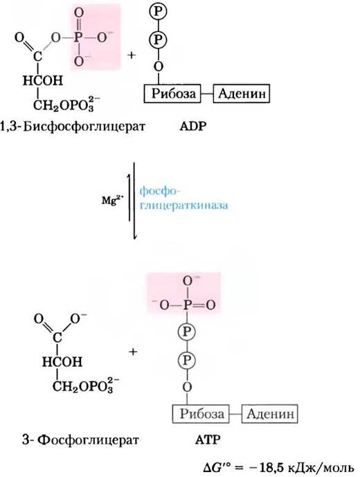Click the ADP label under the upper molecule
tap(192, 126)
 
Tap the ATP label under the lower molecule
tap(207, 440)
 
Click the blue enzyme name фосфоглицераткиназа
tap(183, 199)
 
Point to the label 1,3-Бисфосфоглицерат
tap(73, 126)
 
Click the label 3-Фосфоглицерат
tap(80, 440)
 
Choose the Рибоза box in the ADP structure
tap(173, 93)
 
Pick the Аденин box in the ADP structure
tap(242, 93)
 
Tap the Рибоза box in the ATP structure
tap(201, 414)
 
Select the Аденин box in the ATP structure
tap(269, 414)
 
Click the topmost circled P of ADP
tap(158, 12)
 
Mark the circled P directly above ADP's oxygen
tap(158, 39)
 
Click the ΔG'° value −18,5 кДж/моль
tap(279, 467)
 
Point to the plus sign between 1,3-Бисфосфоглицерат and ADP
tap(131, 55)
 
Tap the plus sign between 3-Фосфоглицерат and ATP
tap(133, 352)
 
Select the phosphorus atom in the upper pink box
tap(78, 37)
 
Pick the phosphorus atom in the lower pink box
tap(187, 305)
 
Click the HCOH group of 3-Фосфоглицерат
tap(62, 362)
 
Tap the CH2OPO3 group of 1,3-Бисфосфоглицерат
tap(66, 105)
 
